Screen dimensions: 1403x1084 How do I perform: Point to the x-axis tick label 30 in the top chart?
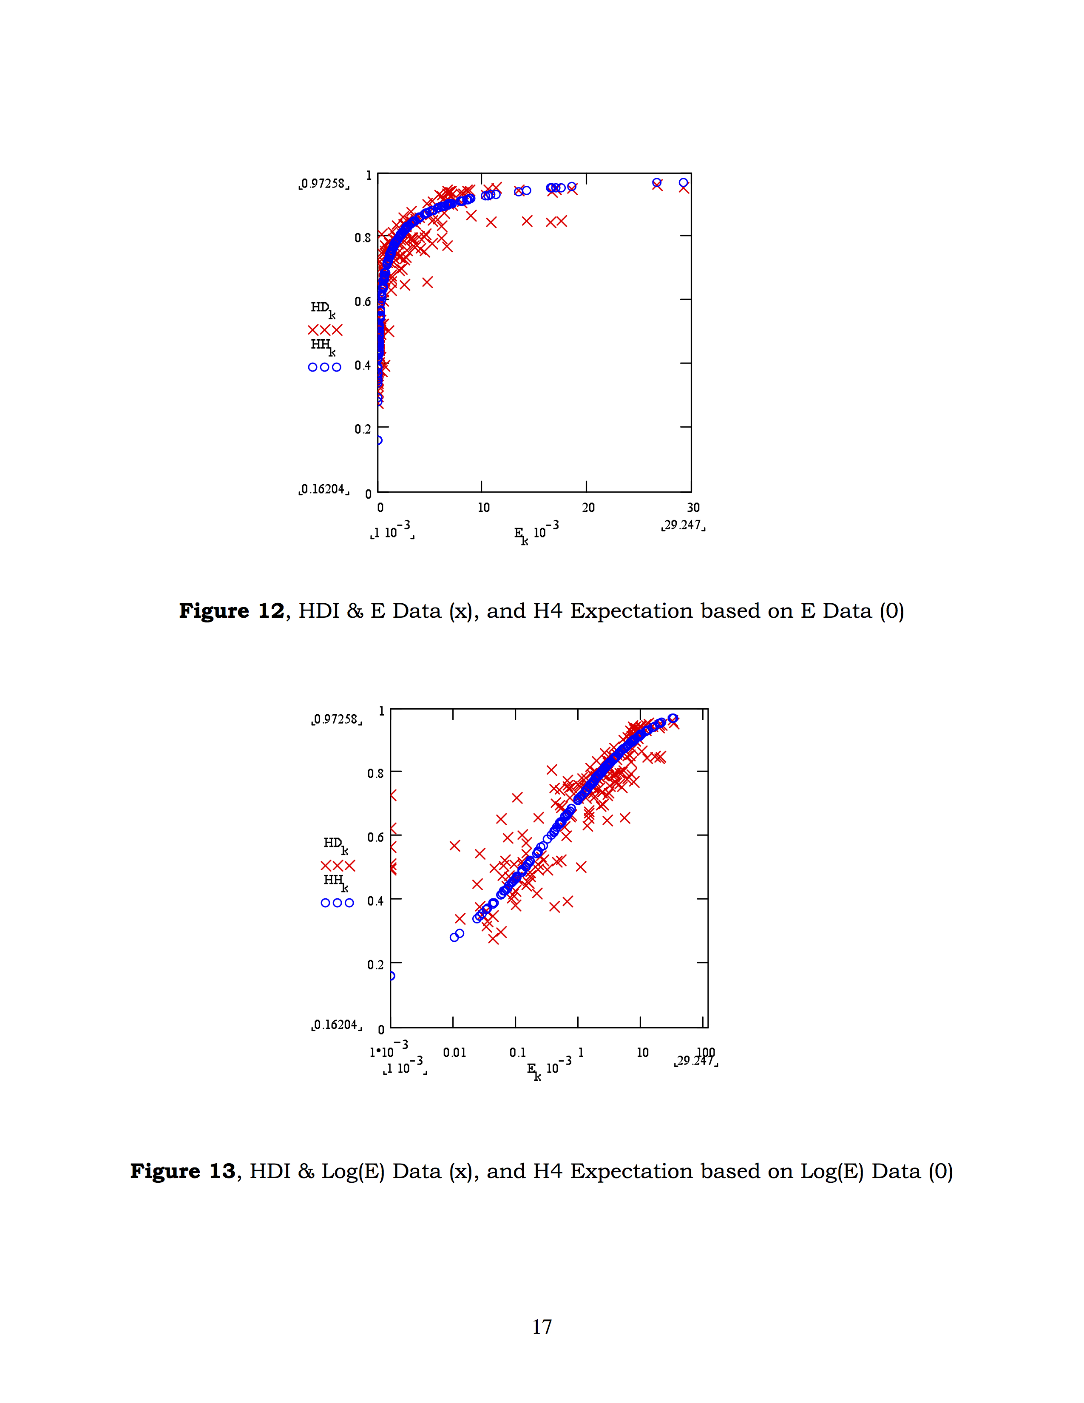[x=693, y=508]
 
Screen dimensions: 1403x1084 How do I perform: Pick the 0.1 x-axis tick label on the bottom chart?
[x=518, y=1052]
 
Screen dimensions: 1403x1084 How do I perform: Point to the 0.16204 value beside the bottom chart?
[x=337, y=1025]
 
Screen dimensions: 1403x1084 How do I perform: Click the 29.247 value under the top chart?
[x=683, y=525]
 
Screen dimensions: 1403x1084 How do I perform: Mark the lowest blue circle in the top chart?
[x=378, y=440]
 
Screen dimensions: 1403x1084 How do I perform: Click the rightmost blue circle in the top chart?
[x=683, y=183]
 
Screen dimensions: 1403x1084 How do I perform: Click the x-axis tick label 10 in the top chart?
[x=484, y=508]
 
